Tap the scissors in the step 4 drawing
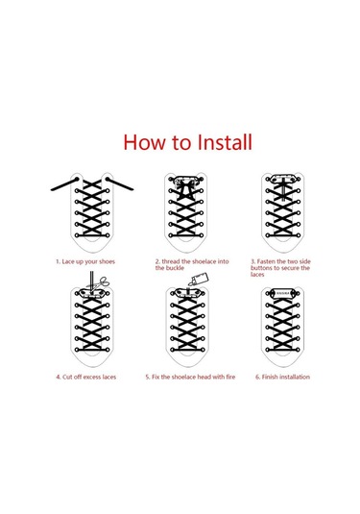pos(102,282)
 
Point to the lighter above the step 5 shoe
pos(199,280)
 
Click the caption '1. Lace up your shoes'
pos(85,262)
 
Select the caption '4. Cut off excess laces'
pos(85,377)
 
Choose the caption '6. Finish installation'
pos(282,377)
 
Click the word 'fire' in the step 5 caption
pos(230,377)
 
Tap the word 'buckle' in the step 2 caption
pos(170,268)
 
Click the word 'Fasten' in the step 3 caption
pos(266,261)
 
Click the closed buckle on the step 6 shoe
pos(282,293)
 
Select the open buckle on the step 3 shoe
pos(282,179)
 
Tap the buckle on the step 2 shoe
pos(185,180)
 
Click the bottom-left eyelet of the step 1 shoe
pos(77,235)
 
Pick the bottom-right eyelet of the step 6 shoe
pos(299,350)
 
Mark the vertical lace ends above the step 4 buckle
pos(91,281)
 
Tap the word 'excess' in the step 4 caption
pos(92,377)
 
